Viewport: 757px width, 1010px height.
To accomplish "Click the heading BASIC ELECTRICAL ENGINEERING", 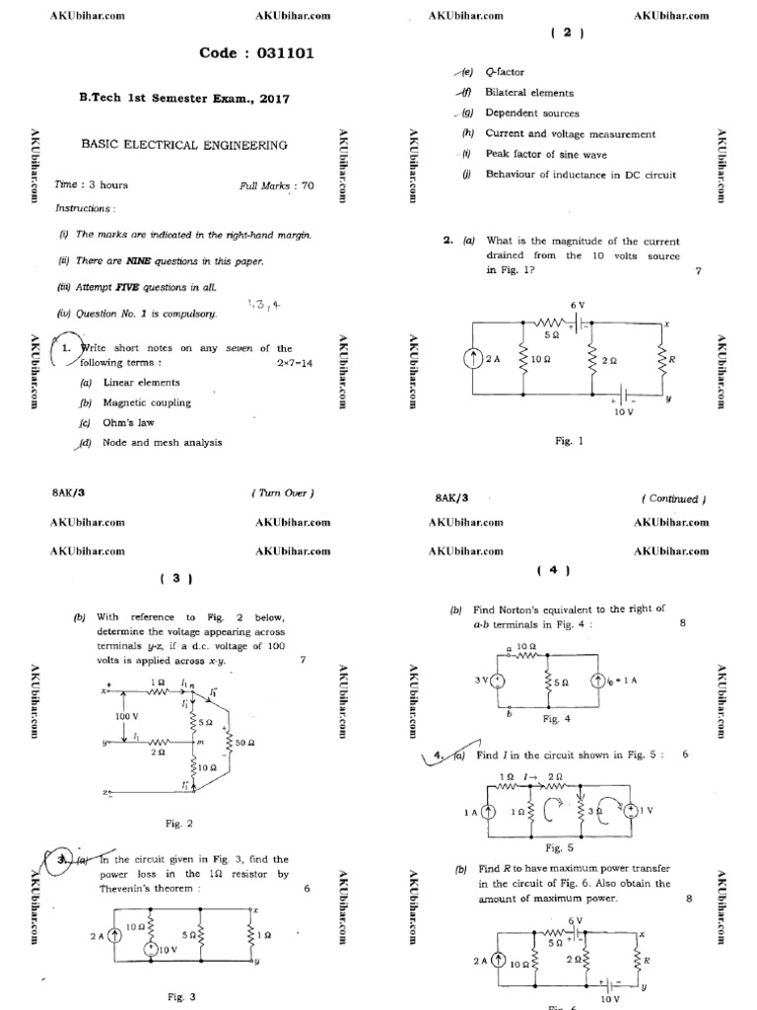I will click(x=184, y=145).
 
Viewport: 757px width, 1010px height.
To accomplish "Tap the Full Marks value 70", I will click(x=308, y=184).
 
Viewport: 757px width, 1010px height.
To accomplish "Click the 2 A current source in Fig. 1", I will click(x=471, y=360).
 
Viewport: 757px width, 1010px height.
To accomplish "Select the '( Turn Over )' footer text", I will click(x=283, y=492).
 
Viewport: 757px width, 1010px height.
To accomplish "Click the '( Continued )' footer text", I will click(x=673, y=499).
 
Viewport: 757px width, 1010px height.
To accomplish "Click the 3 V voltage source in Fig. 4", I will click(x=498, y=680).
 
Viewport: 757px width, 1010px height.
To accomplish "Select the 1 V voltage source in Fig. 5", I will click(x=625, y=811).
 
